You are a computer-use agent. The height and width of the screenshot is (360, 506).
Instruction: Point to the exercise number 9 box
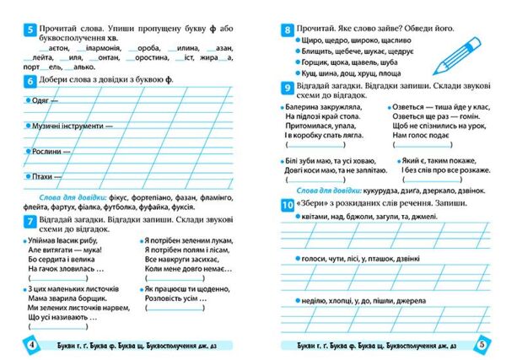[288, 87]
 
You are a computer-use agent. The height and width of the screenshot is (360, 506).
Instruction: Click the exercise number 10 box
[288, 205]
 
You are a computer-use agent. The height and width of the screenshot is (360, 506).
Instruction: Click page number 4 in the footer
[31, 345]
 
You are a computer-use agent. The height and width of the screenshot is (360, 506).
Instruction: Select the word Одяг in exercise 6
[40, 99]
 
